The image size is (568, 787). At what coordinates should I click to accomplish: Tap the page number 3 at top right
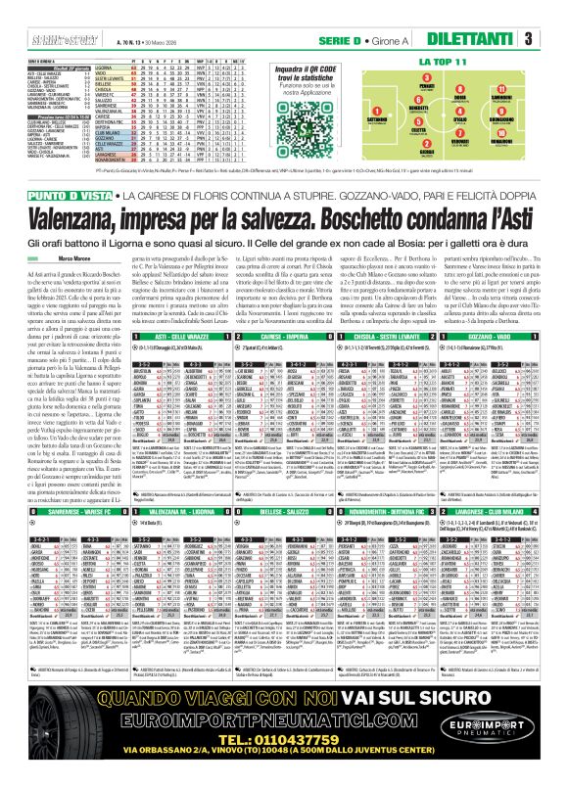554,39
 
